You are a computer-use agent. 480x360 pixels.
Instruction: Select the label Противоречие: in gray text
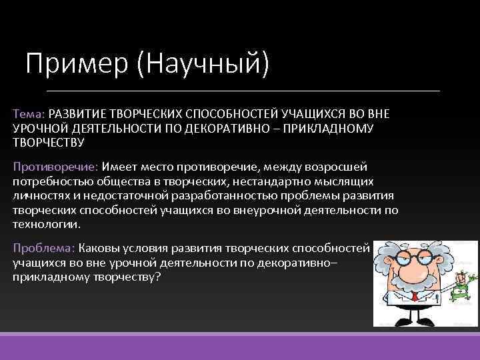point(55,165)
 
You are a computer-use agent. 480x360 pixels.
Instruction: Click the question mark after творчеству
point(157,276)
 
